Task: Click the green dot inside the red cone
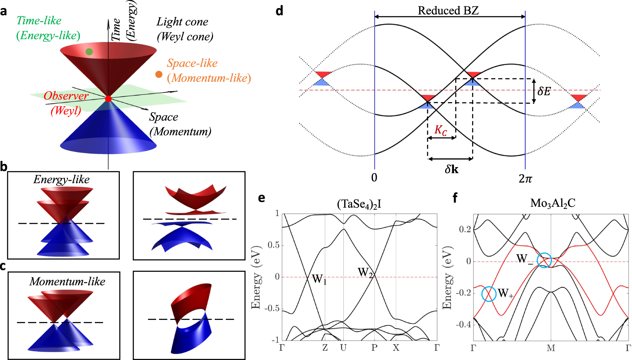(x=89, y=52)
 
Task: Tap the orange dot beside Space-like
(x=159, y=75)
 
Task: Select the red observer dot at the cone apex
(x=108, y=99)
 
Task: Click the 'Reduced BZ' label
(x=448, y=11)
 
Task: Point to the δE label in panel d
(x=544, y=91)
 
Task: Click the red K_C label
(x=441, y=130)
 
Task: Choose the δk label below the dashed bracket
(x=451, y=169)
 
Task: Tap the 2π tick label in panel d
(x=525, y=178)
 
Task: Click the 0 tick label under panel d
(x=374, y=178)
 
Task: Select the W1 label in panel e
(x=319, y=279)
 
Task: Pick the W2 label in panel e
(x=365, y=273)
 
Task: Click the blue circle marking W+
(x=489, y=294)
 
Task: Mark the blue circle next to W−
(x=544, y=260)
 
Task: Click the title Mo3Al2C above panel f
(x=552, y=203)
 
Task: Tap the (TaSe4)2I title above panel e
(x=359, y=204)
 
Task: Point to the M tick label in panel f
(x=551, y=348)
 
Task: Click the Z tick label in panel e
(x=325, y=348)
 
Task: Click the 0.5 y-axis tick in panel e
(x=274, y=245)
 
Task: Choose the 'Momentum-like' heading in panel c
(x=67, y=282)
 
